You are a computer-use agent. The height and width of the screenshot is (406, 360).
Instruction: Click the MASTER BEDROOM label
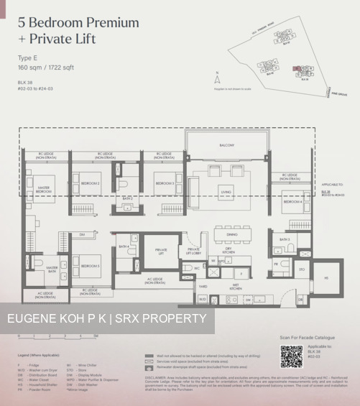pyautogui.click(x=43, y=191)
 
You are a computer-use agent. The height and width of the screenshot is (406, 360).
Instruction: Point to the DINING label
pyautogui.click(x=231, y=234)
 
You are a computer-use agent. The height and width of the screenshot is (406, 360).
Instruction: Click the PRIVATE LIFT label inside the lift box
pyautogui.click(x=161, y=252)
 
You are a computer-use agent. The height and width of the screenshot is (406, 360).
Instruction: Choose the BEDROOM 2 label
pyautogui.click(x=90, y=184)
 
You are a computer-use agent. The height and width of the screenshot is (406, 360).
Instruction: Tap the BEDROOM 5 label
pyautogui.click(x=90, y=266)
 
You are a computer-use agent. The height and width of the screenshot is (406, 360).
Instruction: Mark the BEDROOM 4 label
pyautogui.click(x=291, y=202)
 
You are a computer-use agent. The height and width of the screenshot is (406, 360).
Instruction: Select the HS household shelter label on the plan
pyautogui.click(x=325, y=277)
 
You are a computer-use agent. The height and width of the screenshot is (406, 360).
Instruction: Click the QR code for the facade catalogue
pyautogui.click(x=292, y=356)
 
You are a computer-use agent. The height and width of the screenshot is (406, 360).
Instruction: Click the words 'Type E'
pyautogui.click(x=27, y=57)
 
